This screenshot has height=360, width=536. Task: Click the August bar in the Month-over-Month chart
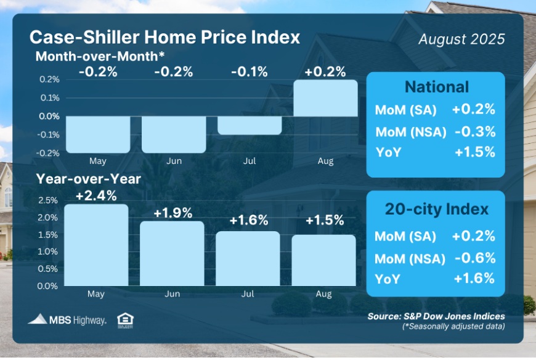(325, 98)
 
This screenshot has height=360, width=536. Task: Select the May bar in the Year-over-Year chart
(97, 245)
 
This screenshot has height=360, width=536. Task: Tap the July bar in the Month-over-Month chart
(249, 125)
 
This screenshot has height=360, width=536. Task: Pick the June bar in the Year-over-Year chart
(173, 253)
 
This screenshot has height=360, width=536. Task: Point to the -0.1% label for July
(249, 72)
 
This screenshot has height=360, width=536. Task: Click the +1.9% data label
(173, 213)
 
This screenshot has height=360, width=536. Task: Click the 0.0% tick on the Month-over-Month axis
(50, 116)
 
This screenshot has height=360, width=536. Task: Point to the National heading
(436, 87)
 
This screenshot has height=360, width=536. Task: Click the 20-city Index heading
(436, 209)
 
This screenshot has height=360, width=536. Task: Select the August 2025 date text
(461, 39)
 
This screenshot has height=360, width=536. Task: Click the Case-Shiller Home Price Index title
(164, 37)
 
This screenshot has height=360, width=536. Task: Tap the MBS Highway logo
(67, 319)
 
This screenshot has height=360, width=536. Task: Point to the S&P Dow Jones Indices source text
(436, 316)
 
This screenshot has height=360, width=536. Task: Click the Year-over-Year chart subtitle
(88, 179)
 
